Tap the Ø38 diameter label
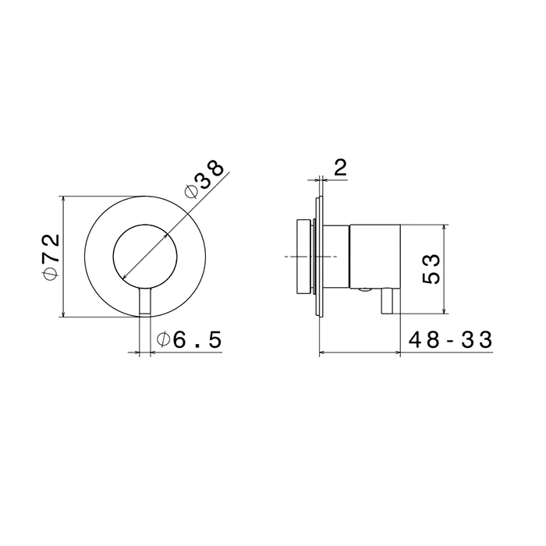click(x=204, y=179)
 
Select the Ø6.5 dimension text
click(x=189, y=340)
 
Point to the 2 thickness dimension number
click(x=340, y=168)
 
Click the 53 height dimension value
click(x=431, y=269)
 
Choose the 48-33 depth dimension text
click(x=451, y=340)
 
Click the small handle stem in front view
click(x=145, y=302)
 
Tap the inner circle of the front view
click(x=113, y=257)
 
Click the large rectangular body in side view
click(x=375, y=257)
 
